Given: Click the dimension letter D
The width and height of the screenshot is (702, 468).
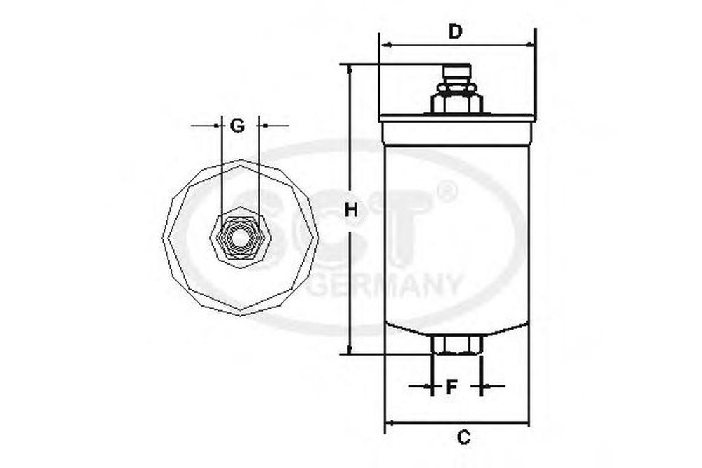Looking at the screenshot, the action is [455, 32].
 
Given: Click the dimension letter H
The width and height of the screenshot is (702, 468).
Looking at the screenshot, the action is [351, 209].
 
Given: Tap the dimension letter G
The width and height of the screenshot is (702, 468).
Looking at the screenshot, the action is [237, 126].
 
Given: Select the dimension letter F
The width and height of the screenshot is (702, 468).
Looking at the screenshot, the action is [452, 387].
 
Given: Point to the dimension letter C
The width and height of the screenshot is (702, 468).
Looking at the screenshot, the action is [464, 437].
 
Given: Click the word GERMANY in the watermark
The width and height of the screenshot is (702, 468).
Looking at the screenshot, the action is [384, 286].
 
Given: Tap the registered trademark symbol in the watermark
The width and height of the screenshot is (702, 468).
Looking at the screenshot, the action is [446, 192].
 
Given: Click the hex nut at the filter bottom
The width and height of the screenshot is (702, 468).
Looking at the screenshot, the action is [456, 345].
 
